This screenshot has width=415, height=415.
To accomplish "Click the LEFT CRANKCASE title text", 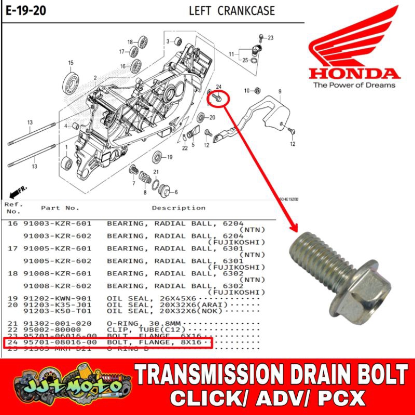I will coord(231,10).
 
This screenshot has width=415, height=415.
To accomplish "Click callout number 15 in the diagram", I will coord(71,63).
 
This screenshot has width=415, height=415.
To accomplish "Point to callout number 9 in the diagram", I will coord(279,91).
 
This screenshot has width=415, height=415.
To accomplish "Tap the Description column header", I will coord(178,208).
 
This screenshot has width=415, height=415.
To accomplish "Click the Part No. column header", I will coord(60,208).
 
